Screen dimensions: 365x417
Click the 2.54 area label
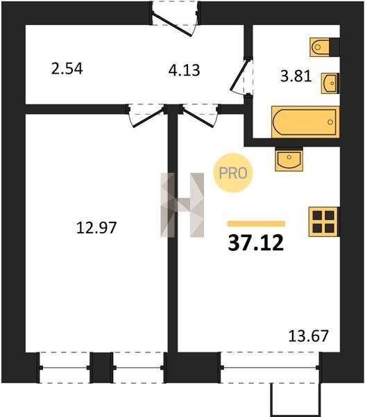click(67, 68)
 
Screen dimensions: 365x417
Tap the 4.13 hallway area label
click(184, 70)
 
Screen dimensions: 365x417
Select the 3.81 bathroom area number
click(296, 76)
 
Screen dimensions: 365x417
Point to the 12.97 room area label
click(96, 228)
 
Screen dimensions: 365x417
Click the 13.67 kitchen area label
click(309, 336)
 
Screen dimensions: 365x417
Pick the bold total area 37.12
click(256, 243)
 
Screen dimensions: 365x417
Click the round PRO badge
click(233, 173)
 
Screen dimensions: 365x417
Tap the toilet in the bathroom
click(320, 47)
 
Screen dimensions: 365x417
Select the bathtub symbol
click(305, 122)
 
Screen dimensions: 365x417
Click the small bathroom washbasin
click(330, 83)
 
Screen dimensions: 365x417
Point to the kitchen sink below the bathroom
click(289, 160)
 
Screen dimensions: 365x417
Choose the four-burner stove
click(323, 222)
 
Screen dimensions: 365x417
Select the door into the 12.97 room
click(146, 116)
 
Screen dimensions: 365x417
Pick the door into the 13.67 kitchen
click(200, 116)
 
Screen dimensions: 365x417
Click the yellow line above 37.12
click(256, 224)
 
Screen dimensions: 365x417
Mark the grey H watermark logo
click(182, 205)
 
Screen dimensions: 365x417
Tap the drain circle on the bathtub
click(330, 122)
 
